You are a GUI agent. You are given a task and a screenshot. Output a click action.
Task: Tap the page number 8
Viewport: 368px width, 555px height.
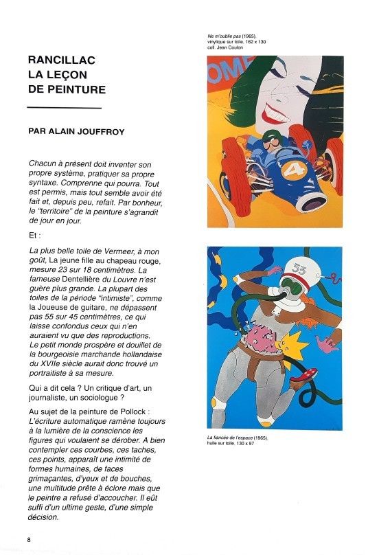[29, 538]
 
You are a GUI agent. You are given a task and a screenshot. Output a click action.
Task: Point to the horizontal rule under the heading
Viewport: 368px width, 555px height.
[64, 108]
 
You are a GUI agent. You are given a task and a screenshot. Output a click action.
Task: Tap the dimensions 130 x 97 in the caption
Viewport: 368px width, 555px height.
[250, 444]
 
